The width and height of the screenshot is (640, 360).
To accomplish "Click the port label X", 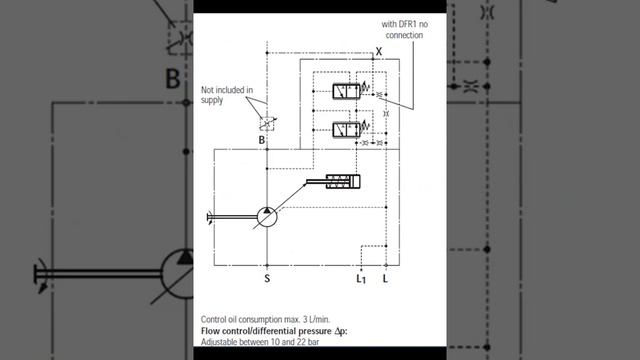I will [378, 51].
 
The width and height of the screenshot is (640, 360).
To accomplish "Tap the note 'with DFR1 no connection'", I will [405, 29].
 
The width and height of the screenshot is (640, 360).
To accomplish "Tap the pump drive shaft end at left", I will [208, 216].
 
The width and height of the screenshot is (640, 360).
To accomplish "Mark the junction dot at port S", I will [267, 265].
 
